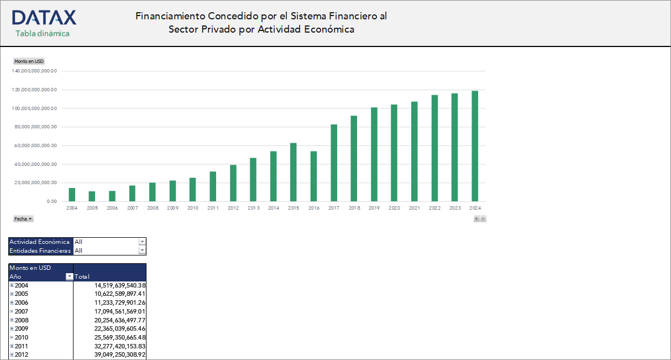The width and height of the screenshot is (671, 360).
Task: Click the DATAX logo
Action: pyautogui.click(x=44, y=18)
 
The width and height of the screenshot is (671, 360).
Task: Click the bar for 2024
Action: pyautogui.click(x=475, y=146)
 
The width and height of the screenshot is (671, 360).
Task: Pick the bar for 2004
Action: pyautogui.click(x=72, y=195)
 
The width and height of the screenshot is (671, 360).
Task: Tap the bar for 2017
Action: pyautogui.click(x=334, y=163)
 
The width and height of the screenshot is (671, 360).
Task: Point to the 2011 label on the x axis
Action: pyautogui.click(x=213, y=208)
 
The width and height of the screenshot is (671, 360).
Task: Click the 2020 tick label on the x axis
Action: pyautogui.click(x=394, y=208)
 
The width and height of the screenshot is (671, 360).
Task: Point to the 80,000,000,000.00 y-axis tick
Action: pyautogui.click(x=35, y=127)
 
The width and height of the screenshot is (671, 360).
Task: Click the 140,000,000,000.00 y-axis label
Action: pyautogui.click(x=35, y=71)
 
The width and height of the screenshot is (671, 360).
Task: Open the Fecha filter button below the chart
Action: pyautogui.click(x=23, y=219)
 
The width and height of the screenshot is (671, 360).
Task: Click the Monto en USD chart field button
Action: pyautogui.click(x=29, y=61)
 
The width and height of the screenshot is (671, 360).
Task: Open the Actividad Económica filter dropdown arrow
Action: pyautogui.click(x=142, y=242)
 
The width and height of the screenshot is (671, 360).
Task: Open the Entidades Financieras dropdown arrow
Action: pyautogui.click(x=142, y=251)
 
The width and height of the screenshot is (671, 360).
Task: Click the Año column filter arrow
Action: pyautogui.click(x=69, y=276)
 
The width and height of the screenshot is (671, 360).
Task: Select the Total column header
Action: pyautogui.click(x=82, y=276)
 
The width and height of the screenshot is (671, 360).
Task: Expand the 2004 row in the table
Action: pyautogui.click(x=12, y=285)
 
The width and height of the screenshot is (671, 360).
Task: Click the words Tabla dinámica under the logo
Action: pyautogui.click(x=43, y=33)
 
